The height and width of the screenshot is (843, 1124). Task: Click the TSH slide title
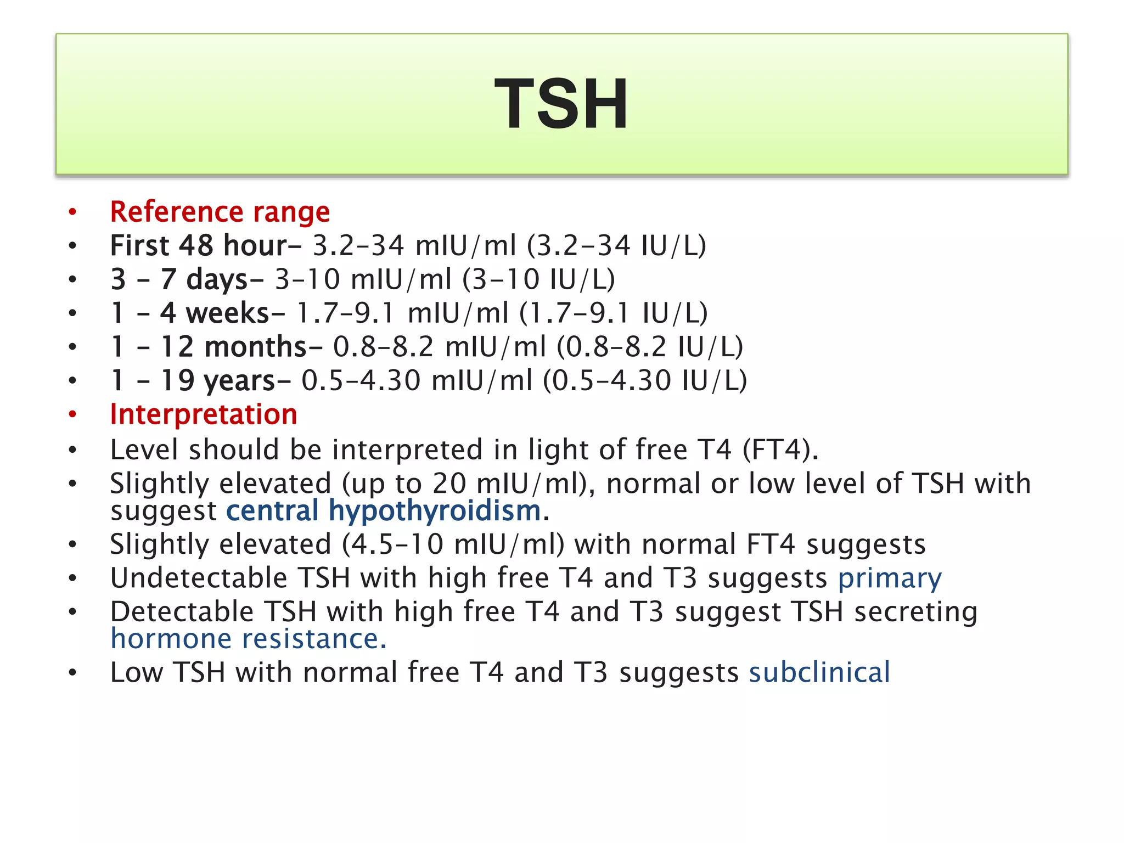click(x=561, y=104)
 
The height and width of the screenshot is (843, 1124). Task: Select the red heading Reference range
click(x=220, y=212)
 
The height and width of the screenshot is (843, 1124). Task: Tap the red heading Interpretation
click(x=204, y=414)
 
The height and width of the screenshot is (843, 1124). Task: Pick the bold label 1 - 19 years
click(x=200, y=381)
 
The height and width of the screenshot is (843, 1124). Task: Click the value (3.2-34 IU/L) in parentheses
click(x=616, y=245)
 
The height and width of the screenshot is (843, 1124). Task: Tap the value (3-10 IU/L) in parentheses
click(x=538, y=279)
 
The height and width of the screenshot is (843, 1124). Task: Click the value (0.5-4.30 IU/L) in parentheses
click(x=645, y=381)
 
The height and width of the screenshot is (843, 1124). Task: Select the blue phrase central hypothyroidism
click(x=384, y=512)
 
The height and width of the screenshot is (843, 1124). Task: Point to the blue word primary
click(x=890, y=578)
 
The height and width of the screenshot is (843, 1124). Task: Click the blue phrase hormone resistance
click(x=249, y=639)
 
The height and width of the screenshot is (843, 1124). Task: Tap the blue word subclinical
click(x=819, y=673)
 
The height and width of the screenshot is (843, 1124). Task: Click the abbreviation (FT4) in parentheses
click(x=780, y=450)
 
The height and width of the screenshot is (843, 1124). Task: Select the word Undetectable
click(x=199, y=578)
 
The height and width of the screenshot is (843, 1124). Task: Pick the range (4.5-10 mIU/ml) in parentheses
click(x=453, y=544)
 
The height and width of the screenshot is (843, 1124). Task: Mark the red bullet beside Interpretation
click(x=72, y=415)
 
